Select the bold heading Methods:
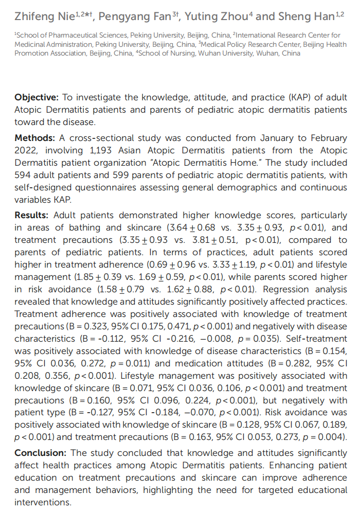34,138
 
